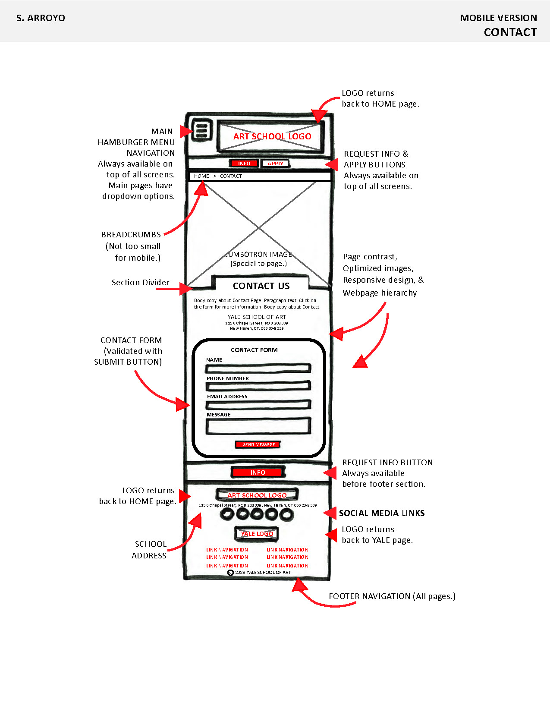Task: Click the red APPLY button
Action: [275, 164]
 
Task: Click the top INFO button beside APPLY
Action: [244, 164]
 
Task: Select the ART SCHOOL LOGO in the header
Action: [272, 136]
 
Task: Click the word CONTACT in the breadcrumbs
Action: [231, 176]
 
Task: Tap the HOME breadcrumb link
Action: [201, 176]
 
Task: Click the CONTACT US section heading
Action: [261, 286]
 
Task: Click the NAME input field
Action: [258, 369]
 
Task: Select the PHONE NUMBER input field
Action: [258, 386]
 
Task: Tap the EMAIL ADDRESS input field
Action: [258, 405]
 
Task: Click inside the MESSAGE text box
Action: [258, 426]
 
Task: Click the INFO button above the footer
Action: [258, 473]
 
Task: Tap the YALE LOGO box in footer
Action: [257, 534]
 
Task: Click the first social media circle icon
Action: [227, 514]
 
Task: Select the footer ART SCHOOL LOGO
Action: [257, 495]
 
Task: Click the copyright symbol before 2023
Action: [230, 573]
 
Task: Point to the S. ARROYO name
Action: [41, 18]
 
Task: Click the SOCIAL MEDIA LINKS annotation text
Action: [382, 513]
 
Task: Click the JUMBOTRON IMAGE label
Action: [259, 255]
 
